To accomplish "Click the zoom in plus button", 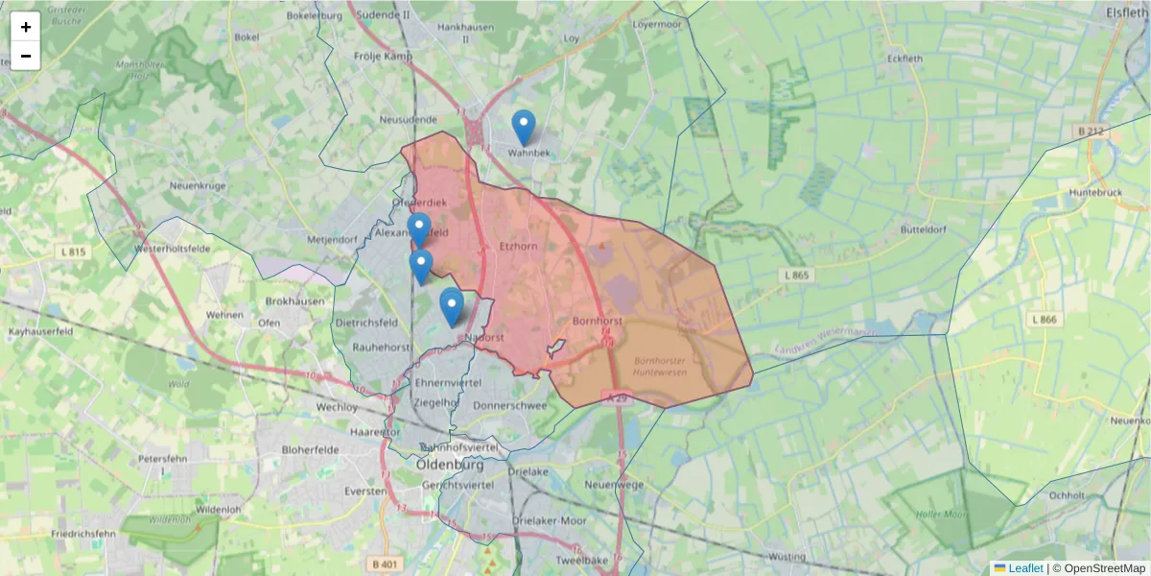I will coord(26,27).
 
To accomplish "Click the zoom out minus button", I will coord(26,56).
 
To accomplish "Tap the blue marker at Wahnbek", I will coord(523,127).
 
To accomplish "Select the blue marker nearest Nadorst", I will coord(451,305).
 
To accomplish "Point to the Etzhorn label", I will coord(518,247).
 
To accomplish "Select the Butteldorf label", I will coord(924,230).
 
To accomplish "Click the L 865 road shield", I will coord(795,276).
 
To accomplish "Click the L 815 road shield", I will coord(72,252).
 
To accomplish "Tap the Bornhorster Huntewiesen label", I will coord(660,366).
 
